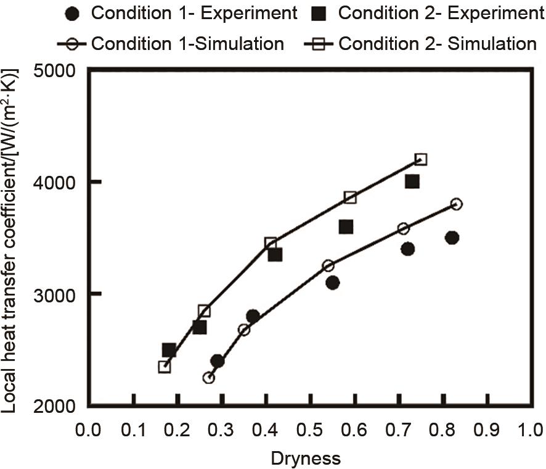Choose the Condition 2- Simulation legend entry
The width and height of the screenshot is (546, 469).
click(422, 44)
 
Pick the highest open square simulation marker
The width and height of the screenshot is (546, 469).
click(421, 159)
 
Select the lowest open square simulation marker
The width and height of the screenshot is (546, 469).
click(165, 367)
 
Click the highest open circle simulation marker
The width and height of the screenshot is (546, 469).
click(456, 204)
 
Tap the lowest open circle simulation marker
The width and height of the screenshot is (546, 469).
click(208, 378)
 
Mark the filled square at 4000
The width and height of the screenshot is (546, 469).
click(412, 181)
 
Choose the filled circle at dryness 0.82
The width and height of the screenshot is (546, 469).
click(452, 238)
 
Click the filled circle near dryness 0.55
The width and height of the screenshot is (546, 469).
click(333, 283)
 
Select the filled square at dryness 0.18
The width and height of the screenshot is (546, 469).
click(169, 350)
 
